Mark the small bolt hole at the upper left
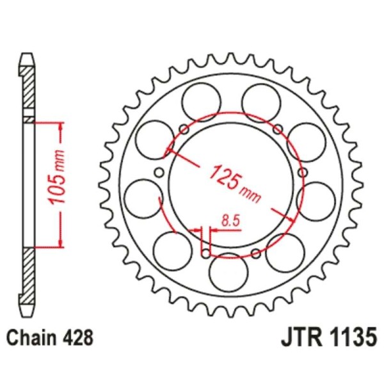point(184,129)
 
